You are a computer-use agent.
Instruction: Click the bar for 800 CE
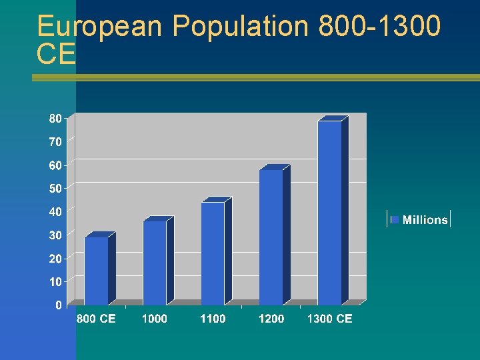96,271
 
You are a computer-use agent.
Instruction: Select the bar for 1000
155,263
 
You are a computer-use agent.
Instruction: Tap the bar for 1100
213,253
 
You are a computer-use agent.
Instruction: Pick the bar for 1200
271,237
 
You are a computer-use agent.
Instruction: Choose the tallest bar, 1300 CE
329,213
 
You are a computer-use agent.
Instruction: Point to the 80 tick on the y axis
56,118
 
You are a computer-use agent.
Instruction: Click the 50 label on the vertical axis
56,188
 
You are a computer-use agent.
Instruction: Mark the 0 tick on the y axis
59,305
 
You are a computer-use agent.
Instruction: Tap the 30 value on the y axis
56,235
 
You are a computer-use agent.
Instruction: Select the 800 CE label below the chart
96,319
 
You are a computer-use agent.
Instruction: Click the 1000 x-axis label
155,319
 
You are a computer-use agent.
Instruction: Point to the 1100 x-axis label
213,319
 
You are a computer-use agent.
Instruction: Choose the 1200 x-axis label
271,319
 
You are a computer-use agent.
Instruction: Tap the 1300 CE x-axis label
329,319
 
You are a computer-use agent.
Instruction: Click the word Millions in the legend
425,220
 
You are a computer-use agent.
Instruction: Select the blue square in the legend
395,219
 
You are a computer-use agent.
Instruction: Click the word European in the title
99,27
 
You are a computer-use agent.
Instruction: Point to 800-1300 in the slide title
380,27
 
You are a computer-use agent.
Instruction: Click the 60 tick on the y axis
56,165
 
